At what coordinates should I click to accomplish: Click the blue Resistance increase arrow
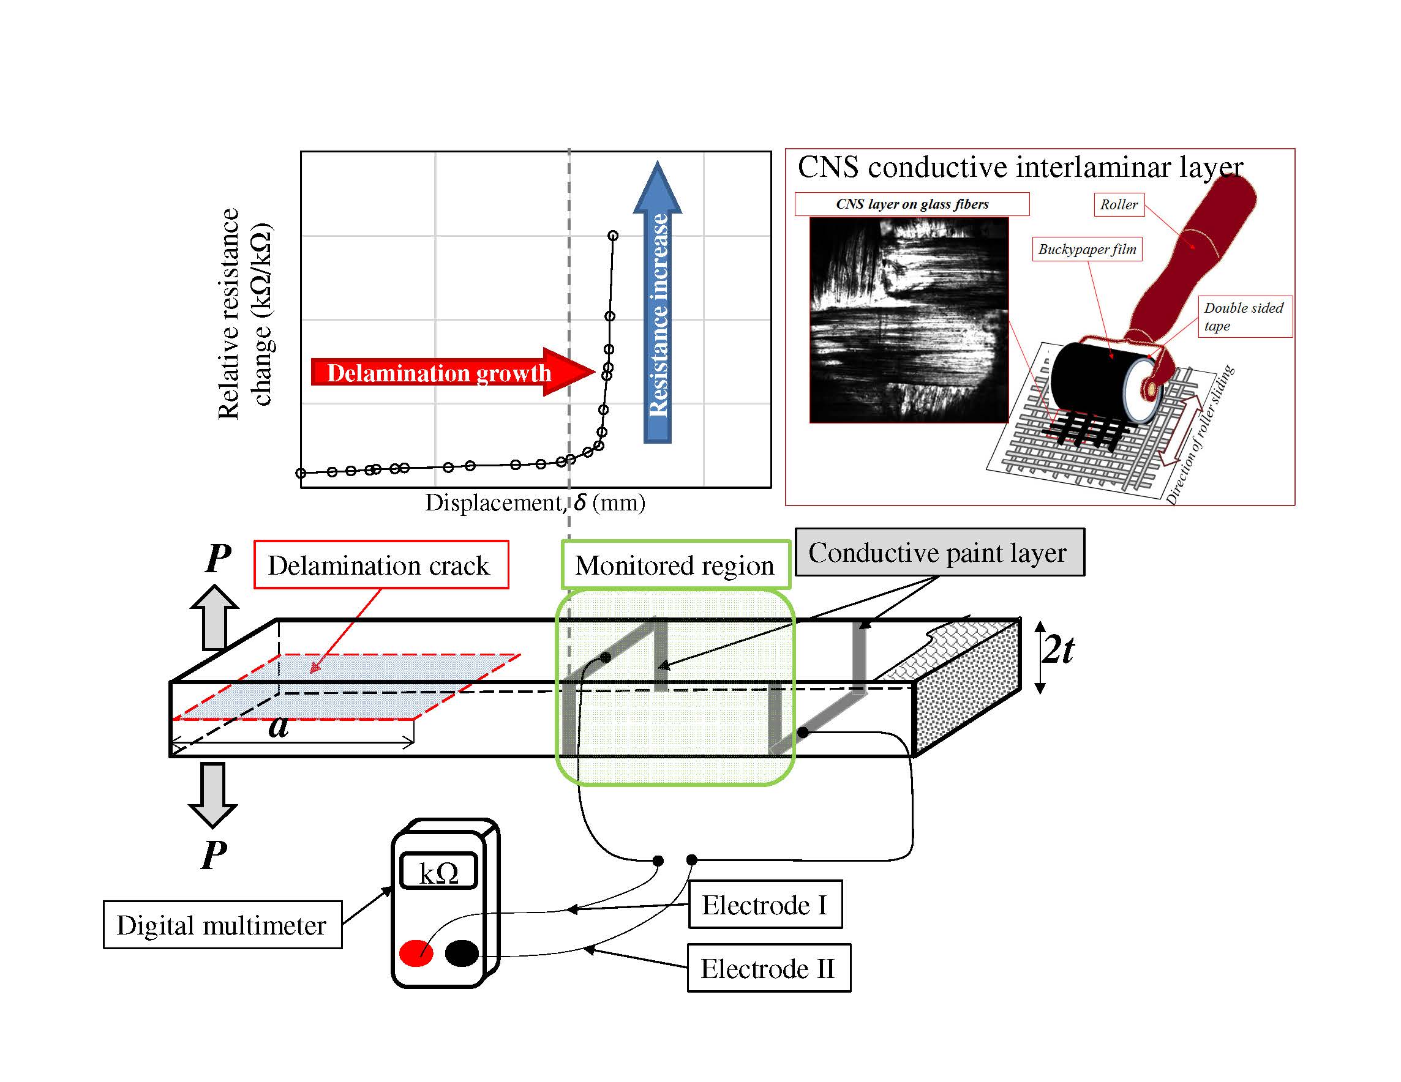[x=658, y=308]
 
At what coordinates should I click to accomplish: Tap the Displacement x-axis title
[x=535, y=502]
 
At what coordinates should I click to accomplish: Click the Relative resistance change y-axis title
[x=244, y=314]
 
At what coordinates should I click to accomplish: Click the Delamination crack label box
[x=381, y=565]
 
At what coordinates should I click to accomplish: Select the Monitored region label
[x=675, y=565]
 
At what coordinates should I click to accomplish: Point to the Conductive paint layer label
[x=939, y=553]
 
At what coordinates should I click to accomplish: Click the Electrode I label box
[x=765, y=905]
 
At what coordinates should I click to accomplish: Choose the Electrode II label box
[x=768, y=968]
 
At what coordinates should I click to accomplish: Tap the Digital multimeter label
[x=222, y=925]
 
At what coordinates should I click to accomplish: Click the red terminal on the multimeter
[x=416, y=953]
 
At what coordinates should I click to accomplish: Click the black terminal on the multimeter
[x=461, y=953]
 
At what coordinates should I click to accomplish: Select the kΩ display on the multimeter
[x=438, y=871]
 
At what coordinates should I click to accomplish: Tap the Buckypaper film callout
[x=1087, y=249]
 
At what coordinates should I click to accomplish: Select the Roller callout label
[x=1118, y=204]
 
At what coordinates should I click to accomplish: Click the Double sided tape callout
[x=1243, y=316]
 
